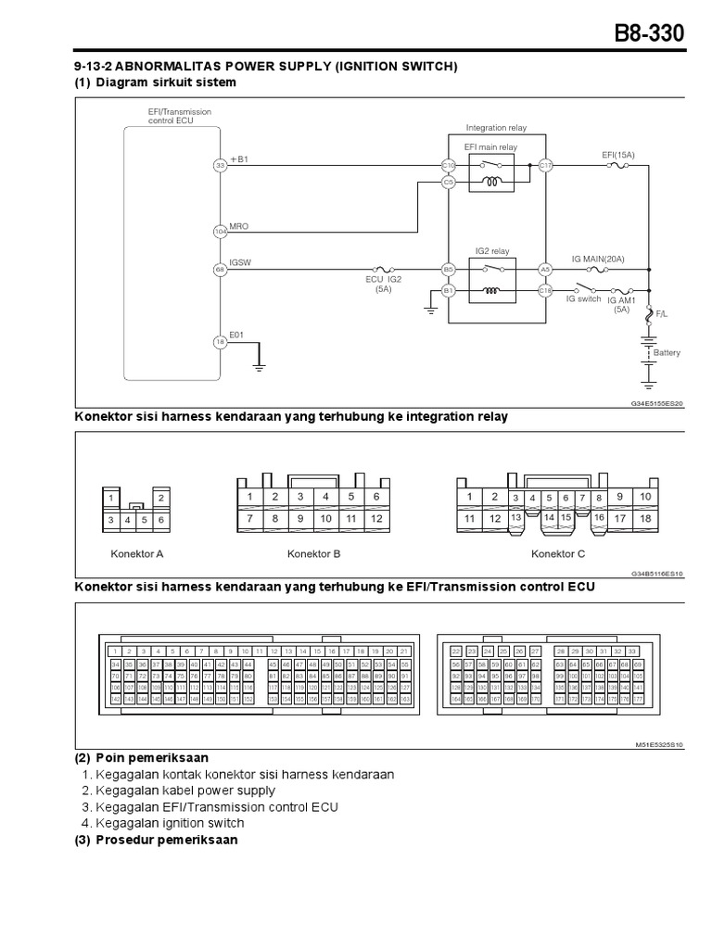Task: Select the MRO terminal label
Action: click(x=238, y=226)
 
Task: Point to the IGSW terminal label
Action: click(x=240, y=262)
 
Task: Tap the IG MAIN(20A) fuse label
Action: click(x=598, y=259)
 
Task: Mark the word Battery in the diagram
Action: click(x=667, y=353)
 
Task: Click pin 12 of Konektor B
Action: click(x=375, y=519)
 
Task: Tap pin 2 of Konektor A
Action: click(x=161, y=499)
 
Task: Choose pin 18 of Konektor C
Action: click(x=645, y=519)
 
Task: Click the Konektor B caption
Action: click(x=316, y=554)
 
